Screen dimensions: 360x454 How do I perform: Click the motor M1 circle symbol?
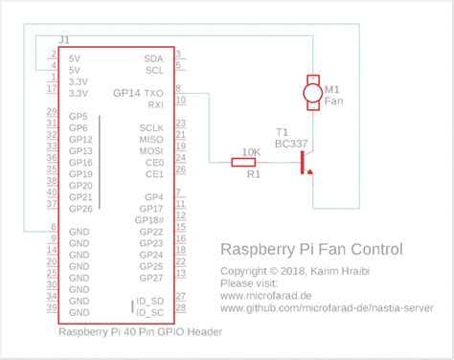310,92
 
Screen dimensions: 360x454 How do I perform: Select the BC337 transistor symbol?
305,163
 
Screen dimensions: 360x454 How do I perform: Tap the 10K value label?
252,151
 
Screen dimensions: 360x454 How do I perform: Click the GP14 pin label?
125,93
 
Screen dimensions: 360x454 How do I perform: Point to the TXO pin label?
153,93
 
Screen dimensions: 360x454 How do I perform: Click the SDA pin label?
153,58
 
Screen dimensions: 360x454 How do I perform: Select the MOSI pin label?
151,151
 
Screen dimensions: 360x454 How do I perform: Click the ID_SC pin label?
148,313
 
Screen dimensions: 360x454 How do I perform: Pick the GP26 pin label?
80,209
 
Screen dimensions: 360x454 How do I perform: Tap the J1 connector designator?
64,39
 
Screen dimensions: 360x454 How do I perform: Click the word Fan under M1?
332,101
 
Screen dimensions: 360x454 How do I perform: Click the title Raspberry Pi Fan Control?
311,249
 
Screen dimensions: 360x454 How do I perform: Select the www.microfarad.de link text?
266,297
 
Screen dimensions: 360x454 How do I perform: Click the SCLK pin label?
151,128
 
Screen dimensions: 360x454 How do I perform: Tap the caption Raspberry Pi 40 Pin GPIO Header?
141,332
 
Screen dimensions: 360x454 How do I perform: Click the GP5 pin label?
78,116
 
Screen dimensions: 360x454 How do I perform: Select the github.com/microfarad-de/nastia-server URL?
326,309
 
